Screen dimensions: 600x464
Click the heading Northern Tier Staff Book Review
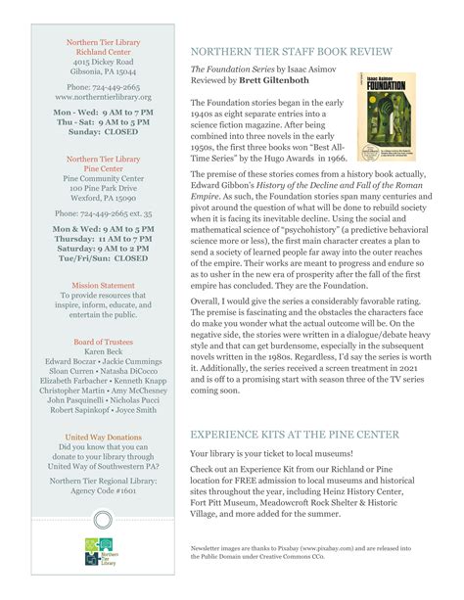click(292, 50)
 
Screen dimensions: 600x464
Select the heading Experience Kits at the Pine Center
click(294, 434)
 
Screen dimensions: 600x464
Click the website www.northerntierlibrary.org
click(103, 98)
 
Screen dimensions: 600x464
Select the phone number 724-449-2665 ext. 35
click(103, 212)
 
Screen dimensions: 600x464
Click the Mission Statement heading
click(103, 286)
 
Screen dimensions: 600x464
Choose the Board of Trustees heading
click(103, 342)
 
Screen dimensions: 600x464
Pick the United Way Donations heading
click(103, 436)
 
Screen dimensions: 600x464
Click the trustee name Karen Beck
click(103, 352)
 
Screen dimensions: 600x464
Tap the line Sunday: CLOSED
click(103, 131)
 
